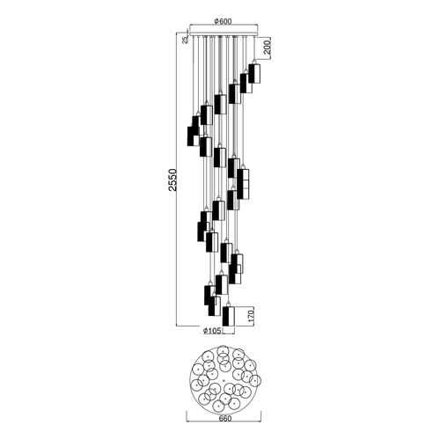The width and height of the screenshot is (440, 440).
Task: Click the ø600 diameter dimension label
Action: (x=224, y=21)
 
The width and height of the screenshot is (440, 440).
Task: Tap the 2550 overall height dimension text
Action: (x=173, y=180)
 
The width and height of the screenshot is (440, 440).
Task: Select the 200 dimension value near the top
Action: (x=267, y=47)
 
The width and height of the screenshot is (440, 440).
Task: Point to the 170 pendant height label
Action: (x=251, y=315)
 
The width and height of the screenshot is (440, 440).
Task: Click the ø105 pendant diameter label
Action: (x=212, y=331)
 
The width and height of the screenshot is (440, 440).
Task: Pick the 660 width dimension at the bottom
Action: (x=225, y=419)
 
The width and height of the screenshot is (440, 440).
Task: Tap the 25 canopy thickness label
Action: (x=185, y=40)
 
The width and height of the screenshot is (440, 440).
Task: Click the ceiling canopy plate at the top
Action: (x=224, y=30)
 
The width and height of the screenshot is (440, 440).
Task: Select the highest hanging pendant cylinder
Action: (x=254, y=73)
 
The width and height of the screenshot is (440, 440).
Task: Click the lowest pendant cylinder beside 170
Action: (x=229, y=316)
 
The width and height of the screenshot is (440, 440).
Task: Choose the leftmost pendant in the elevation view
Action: (x=193, y=136)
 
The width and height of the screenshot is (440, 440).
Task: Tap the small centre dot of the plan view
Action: (x=224, y=380)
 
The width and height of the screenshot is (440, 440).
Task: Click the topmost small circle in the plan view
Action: (x=224, y=351)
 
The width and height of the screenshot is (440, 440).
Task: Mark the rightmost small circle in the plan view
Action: (x=255, y=380)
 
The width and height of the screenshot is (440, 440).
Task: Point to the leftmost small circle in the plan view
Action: (x=198, y=370)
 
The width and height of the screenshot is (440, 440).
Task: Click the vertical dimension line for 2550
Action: (x=176, y=179)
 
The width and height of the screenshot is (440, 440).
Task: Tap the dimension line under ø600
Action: (x=224, y=25)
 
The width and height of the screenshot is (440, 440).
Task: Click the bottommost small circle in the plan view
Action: (x=218, y=407)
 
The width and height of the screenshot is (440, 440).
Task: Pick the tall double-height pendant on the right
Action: (x=243, y=184)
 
